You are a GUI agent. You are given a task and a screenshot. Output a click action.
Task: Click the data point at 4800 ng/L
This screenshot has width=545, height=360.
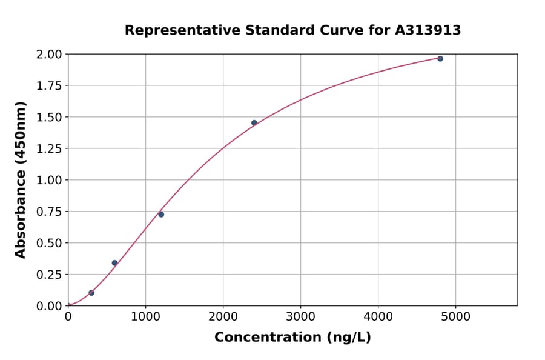tap(440, 59)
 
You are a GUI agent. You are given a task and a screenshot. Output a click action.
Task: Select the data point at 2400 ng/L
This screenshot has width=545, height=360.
tap(254, 123)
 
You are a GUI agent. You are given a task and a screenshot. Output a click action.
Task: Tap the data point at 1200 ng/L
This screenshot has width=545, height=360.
tap(161, 215)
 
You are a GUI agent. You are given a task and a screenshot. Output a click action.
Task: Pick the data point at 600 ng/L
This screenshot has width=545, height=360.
tap(114, 263)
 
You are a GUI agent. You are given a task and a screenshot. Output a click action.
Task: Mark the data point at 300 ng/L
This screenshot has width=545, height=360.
tap(91, 293)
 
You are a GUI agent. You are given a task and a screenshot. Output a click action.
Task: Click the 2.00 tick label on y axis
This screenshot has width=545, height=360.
tap(48, 55)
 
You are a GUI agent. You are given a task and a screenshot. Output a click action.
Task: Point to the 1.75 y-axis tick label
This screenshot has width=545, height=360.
tap(48, 85)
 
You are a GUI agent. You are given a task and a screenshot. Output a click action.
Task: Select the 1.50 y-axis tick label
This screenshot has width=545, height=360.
tap(48, 117)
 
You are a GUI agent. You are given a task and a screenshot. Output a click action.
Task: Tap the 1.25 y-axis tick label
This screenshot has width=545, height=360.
tap(48, 148)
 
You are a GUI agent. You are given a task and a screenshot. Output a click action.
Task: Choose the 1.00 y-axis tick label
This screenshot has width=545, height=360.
tap(48, 180)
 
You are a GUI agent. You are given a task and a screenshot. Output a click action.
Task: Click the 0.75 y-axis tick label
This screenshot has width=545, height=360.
tap(48, 212)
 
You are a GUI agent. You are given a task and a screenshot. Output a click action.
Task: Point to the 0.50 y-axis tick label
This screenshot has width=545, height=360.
tap(48, 243)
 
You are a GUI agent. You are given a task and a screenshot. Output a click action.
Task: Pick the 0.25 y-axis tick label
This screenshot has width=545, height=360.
tap(48, 275)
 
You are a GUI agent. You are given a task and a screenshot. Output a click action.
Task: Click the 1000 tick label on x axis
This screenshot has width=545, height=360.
tap(145, 316)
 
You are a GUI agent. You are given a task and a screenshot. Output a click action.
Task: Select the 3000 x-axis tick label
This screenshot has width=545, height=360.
tap(301, 316)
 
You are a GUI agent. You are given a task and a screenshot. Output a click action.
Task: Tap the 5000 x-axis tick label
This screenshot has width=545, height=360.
tap(456, 316)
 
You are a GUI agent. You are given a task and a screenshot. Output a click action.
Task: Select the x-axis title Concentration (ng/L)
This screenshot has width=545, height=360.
tap(292, 338)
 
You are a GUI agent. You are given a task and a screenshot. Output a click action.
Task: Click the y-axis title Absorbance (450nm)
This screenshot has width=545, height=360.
tap(21, 180)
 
